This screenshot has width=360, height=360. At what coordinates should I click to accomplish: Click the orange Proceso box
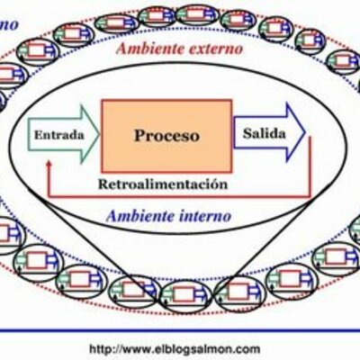coord(166,136)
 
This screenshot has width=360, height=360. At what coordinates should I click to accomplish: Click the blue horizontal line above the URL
coord(180,330)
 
